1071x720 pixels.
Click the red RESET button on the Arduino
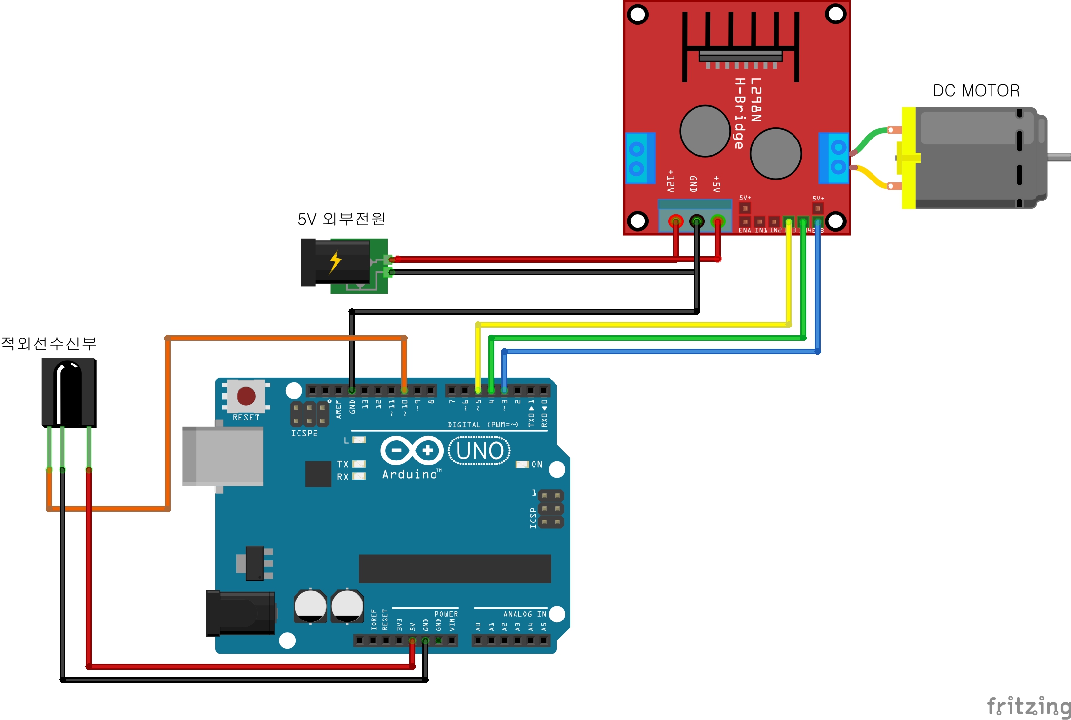[x=246, y=396]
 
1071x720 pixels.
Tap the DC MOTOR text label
[x=976, y=91]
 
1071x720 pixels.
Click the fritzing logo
[x=1028, y=706]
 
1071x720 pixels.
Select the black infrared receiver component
[x=69, y=392]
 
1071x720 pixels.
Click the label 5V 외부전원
[x=341, y=219]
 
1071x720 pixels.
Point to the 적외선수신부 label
[x=49, y=343]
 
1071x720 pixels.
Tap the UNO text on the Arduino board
[x=480, y=451]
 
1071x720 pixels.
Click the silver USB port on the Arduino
[x=223, y=456]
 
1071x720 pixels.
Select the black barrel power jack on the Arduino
[x=240, y=613]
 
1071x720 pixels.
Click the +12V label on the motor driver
[x=671, y=181]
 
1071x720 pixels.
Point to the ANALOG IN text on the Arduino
[x=525, y=614]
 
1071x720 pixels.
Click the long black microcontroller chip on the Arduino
[x=455, y=568]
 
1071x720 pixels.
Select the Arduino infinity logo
[x=412, y=450]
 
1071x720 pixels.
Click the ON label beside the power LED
[x=537, y=464]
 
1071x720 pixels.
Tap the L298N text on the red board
[x=755, y=100]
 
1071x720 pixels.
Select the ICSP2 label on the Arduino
[x=304, y=433]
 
